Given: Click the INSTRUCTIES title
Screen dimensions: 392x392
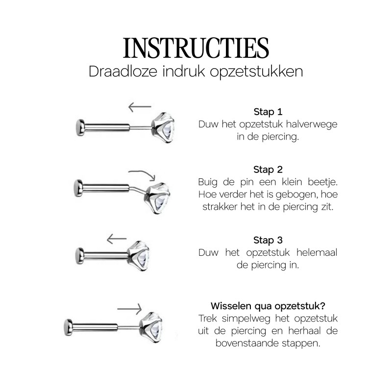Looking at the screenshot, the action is pos(196,48).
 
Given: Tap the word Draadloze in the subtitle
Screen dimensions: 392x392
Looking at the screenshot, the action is pos(123,71).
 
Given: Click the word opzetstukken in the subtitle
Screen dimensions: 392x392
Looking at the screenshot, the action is pos(256,72).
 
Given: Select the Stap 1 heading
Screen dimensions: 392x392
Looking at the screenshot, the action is pos(268,112).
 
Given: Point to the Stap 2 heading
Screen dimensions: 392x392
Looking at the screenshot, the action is pos(268,170).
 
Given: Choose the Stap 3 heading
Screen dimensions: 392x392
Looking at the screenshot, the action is pos(268,240).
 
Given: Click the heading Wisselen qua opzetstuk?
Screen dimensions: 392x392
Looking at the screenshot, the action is pos(268,306).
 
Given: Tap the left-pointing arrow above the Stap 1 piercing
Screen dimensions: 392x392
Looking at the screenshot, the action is pos(140,107).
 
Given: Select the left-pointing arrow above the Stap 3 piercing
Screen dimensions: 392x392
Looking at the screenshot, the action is pos(117,239).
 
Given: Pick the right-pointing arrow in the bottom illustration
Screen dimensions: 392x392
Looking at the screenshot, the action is pos(129,309).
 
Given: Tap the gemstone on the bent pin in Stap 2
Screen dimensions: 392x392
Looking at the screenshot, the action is pos(157,198).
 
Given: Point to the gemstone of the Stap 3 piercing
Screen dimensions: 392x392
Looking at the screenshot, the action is pos(139,256).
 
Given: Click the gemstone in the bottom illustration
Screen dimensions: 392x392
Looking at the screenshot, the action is pos(151,327).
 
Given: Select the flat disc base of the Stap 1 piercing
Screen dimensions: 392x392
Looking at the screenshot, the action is pos(80,127).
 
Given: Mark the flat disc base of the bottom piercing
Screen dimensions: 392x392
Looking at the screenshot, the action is pos(68,327).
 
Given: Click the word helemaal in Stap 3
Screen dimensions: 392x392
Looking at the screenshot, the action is pos(317,252).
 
